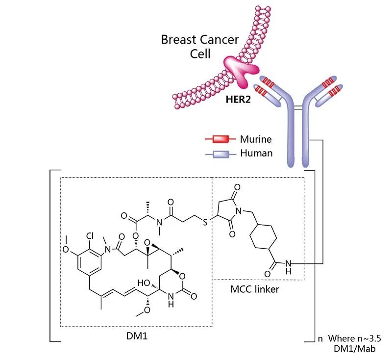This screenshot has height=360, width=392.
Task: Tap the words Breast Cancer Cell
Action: click(x=200, y=46)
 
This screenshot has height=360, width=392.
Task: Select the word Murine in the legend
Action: click(x=255, y=139)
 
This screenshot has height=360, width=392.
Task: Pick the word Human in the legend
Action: click(x=256, y=153)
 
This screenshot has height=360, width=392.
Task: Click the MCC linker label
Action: click(x=255, y=289)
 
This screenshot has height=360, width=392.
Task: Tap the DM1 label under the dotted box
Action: click(x=135, y=338)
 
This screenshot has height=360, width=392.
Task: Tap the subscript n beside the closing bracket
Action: click(x=320, y=338)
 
